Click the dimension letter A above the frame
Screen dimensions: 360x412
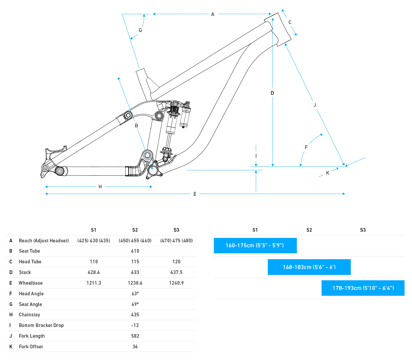[x=212, y=14]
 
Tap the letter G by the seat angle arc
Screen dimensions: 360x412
[x=140, y=30]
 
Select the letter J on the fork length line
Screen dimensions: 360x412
[x=315, y=105]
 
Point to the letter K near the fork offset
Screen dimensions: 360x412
[x=328, y=173]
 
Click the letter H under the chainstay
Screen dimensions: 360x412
[x=100, y=187]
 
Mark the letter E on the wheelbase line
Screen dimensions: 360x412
[x=195, y=194]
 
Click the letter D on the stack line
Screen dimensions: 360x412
[x=272, y=93]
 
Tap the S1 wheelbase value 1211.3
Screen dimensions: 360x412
[x=94, y=283]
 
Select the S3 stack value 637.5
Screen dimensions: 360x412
[x=176, y=272]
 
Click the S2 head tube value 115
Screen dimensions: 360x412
[x=135, y=262]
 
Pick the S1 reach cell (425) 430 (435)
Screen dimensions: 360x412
[x=94, y=241]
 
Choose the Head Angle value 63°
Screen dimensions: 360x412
[x=135, y=294]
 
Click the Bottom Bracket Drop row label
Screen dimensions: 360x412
[x=41, y=325]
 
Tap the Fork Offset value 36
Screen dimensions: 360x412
[x=135, y=347]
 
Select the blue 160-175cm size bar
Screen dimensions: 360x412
[x=255, y=246]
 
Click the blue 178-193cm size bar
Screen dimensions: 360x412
[x=363, y=288]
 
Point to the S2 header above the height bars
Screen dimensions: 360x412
[x=309, y=230]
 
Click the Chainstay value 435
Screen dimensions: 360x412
[x=135, y=315]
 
